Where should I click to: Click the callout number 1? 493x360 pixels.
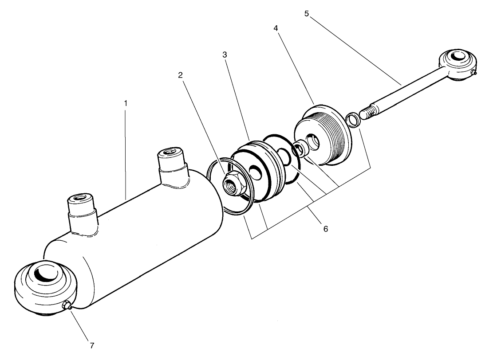pos(126,102)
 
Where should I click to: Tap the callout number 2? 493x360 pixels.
pos(181,75)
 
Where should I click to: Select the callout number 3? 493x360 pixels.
pos(225,55)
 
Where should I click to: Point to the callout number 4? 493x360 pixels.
pos(276,27)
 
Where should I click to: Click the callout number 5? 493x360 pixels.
pos(307,13)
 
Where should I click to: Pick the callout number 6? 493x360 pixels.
pos(325,229)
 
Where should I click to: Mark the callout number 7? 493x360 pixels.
pos(92,344)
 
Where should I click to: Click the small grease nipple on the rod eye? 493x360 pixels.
pos(473,73)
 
